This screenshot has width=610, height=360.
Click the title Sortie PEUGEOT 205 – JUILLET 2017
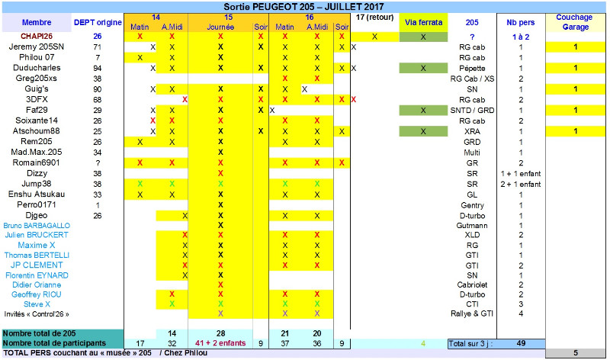pyautogui.click(x=303, y=7)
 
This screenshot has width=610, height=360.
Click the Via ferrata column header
pyautogui.click(x=423, y=22)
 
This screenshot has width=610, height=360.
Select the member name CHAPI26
pyautogui.click(x=32, y=36)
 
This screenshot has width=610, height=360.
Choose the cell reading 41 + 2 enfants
pyautogui.click(x=220, y=343)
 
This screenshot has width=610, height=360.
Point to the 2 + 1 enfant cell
pyautogui.click(x=521, y=184)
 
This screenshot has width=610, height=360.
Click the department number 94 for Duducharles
pyautogui.click(x=97, y=68)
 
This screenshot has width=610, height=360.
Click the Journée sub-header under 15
pyautogui.click(x=220, y=26)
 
